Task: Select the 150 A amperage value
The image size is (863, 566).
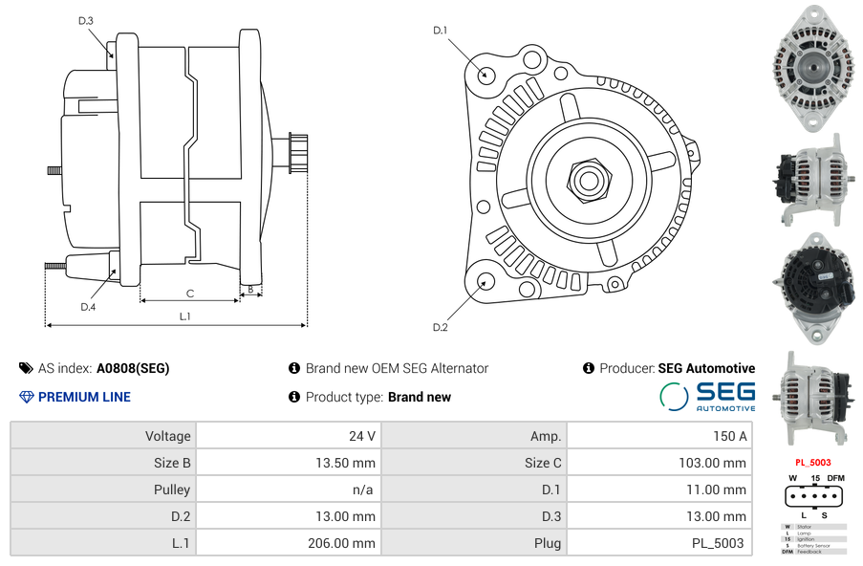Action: tap(729, 436)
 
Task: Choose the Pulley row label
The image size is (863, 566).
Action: tap(172, 490)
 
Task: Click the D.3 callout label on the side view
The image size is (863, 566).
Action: tap(86, 20)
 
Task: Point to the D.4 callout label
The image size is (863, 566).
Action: tap(88, 307)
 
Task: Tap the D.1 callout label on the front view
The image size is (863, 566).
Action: tap(441, 31)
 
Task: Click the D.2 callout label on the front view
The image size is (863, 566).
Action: tap(441, 327)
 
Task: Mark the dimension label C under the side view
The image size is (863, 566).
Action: tap(190, 293)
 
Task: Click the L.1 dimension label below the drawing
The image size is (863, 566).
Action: tap(185, 316)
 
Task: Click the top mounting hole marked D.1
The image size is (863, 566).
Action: tap(485, 73)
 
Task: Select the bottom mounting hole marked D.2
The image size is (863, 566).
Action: tap(485, 280)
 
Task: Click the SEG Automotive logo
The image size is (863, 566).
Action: tap(708, 397)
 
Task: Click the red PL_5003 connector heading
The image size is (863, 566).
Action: tap(813, 462)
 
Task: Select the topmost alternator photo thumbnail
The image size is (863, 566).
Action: tap(813, 66)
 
